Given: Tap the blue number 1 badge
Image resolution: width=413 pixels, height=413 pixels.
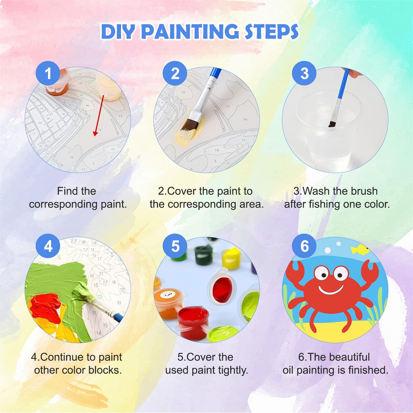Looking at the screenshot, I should coord(48,73).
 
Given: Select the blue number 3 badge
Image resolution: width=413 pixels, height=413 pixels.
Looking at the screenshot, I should coord(304,73).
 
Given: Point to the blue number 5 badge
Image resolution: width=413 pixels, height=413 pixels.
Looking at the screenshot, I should coord(175,246).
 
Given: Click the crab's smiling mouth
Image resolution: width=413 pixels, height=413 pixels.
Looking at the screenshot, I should coord(331,290).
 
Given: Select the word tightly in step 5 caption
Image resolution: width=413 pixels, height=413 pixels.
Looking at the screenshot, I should coord(233,370).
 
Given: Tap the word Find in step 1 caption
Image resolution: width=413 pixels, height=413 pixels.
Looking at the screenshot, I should coord(67,191).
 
